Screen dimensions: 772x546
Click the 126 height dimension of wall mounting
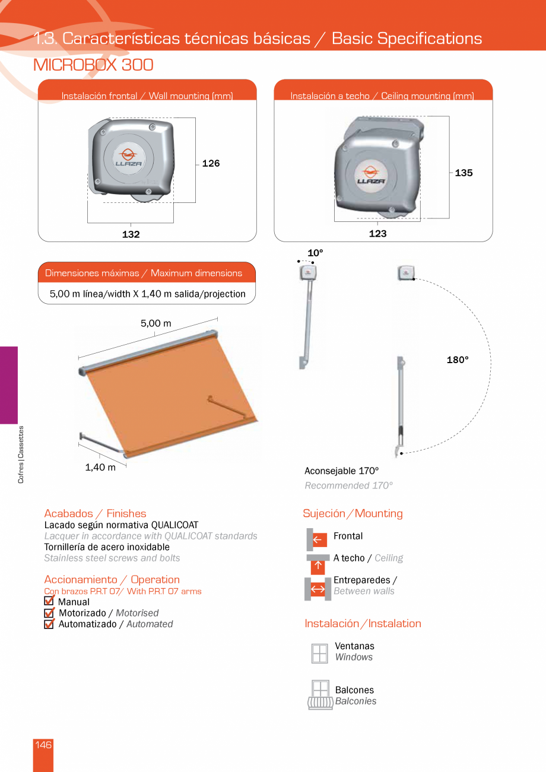(211, 164)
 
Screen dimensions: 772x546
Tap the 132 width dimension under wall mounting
(131, 234)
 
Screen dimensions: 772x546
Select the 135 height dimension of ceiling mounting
(464, 173)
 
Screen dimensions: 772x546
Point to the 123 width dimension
(377, 234)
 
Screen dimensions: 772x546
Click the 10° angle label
(315, 253)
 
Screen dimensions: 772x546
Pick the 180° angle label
(458, 360)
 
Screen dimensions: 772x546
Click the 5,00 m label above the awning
(155, 323)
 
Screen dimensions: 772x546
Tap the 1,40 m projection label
(100, 467)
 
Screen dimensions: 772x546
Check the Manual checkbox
(49, 602)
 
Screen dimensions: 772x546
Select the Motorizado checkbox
(49, 613)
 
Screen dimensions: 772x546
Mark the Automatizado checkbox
(49, 624)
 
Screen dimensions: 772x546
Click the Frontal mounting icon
(318, 539)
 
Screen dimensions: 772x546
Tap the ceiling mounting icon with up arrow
(318, 564)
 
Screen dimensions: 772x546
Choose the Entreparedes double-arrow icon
(318, 589)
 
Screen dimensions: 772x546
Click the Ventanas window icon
(319, 653)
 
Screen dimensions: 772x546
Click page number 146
(43, 745)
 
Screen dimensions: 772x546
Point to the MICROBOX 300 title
(94, 65)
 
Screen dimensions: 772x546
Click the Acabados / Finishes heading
(95, 513)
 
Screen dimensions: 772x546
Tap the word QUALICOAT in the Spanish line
(174, 525)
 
